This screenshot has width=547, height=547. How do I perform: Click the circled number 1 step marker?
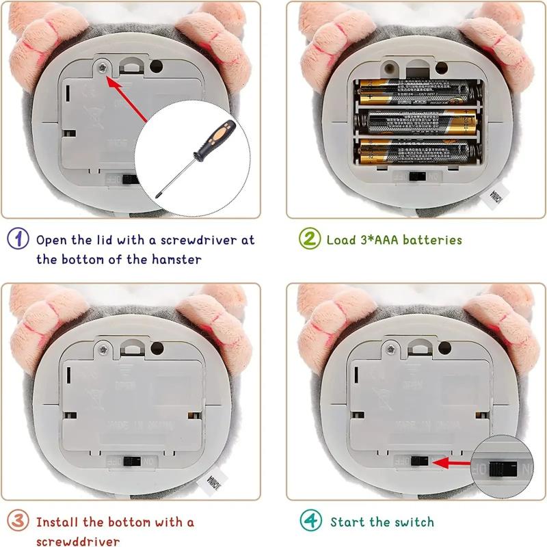18,239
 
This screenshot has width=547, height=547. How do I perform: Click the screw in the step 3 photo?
103,349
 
